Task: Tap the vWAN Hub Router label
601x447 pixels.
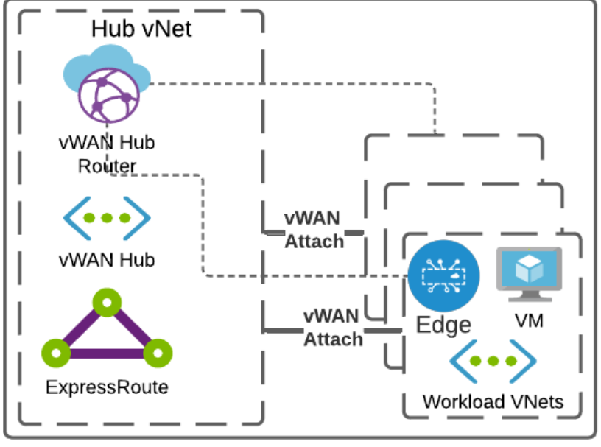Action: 107,154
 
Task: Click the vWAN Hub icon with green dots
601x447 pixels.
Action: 107,218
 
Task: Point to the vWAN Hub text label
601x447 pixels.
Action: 107,259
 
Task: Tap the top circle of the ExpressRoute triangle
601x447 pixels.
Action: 107,302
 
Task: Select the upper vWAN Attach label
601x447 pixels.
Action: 314,229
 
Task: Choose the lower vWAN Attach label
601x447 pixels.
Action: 333,328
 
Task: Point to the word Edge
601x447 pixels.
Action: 443,325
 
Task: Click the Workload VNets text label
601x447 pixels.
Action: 493,401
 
